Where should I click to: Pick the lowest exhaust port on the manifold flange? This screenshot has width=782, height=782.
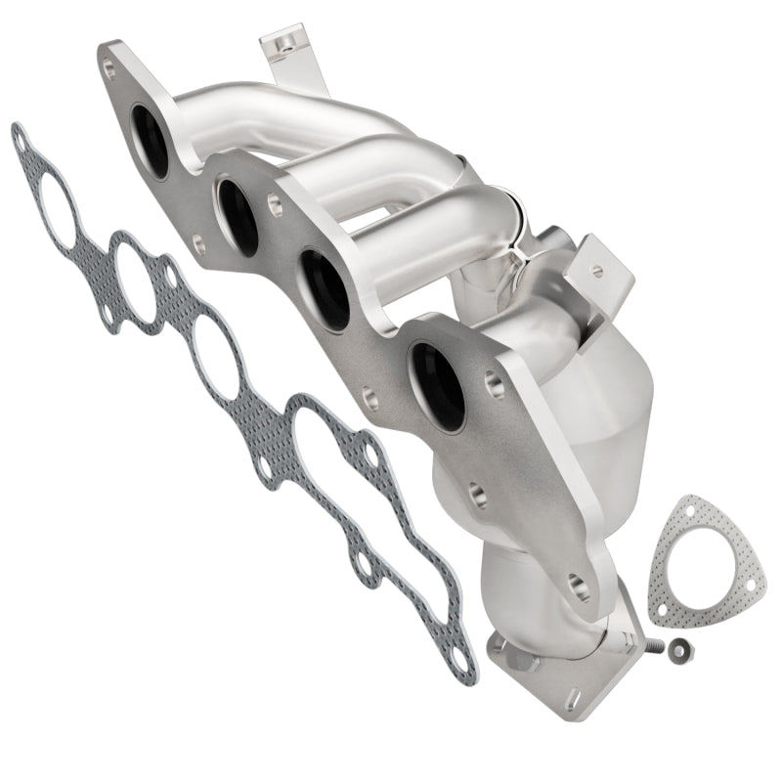[438, 385]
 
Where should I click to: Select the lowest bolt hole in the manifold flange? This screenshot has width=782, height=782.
[579, 586]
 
